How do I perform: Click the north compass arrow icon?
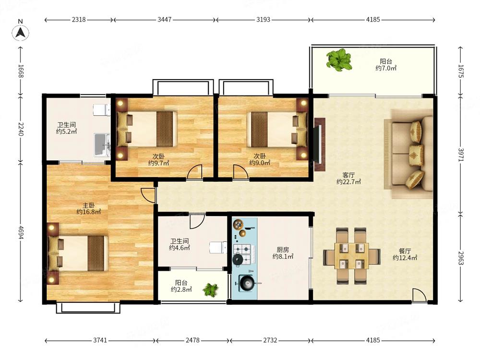[x=20, y=32]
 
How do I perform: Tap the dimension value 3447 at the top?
[x=164, y=20]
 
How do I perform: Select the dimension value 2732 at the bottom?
[x=270, y=340]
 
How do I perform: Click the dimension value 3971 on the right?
[x=461, y=155]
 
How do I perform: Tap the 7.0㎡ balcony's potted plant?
[x=338, y=60]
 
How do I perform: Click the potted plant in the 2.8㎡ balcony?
[x=211, y=289]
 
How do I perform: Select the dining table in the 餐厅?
[x=352, y=256]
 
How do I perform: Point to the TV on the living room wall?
[x=319, y=144]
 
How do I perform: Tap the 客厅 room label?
[x=348, y=175]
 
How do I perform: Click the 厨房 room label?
[x=283, y=250]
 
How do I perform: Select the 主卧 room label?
[x=88, y=205]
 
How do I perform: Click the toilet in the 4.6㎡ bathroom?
[x=218, y=247]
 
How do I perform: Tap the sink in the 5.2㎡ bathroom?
[x=102, y=145]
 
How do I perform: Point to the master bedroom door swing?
[x=148, y=195]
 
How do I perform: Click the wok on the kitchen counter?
[x=247, y=283]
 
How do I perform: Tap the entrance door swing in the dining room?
[x=419, y=295]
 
